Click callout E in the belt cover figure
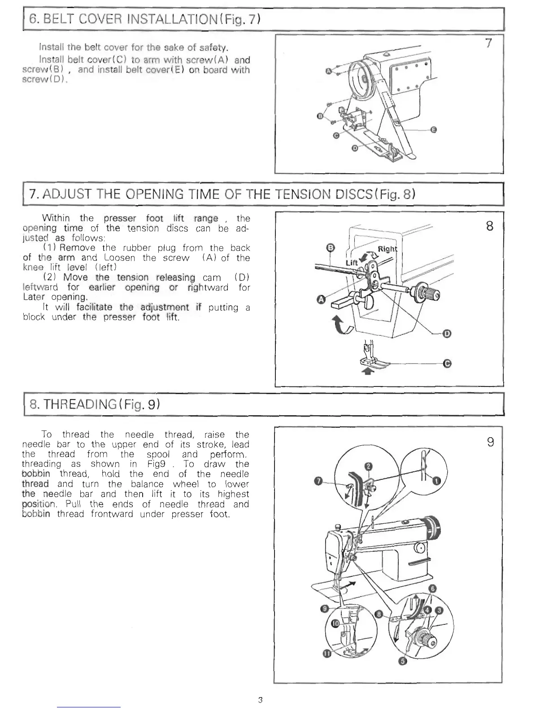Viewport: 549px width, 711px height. click(433, 130)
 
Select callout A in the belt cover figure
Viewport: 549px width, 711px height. click(328, 71)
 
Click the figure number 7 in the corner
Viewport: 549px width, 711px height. click(489, 43)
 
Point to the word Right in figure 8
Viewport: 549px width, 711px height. click(388, 249)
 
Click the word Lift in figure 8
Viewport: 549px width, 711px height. click(351, 262)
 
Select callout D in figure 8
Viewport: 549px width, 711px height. click(447, 333)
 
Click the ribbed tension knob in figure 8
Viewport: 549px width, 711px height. click(433, 294)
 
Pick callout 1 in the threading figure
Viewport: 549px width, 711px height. click(437, 482)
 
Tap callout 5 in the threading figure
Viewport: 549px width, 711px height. click(402, 662)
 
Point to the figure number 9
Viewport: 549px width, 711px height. click(490, 443)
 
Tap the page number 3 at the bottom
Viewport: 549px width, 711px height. click(260, 699)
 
